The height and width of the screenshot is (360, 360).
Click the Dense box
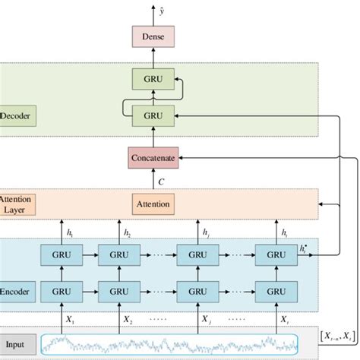pyautogui.click(x=154, y=36)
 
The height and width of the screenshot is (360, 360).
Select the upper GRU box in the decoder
pyautogui.click(x=154, y=78)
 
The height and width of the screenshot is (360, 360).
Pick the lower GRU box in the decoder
pyautogui.click(x=154, y=116)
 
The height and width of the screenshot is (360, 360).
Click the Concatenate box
pyautogui.click(x=154, y=158)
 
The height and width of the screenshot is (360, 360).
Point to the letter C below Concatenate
pyautogui.click(x=160, y=182)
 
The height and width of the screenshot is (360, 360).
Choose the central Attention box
pyautogui.click(x=154, y=204)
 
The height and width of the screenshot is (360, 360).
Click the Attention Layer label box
pyautogui.click(x=17, y=204)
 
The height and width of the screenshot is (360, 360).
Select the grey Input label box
pyautogui.click(x=17, y=343)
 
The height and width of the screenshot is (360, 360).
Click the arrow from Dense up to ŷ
pyautogui.click(x=154, y=19)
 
